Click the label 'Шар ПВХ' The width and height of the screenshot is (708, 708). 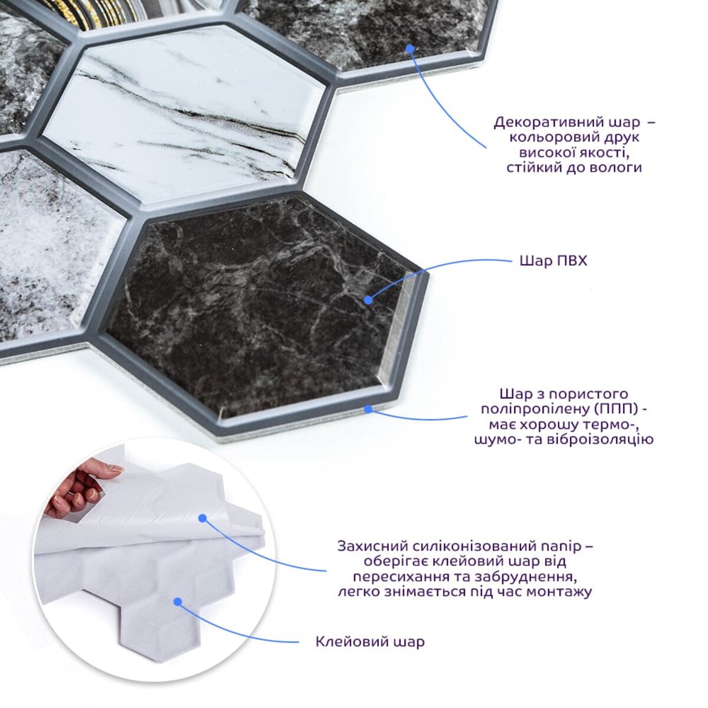pyautogui.click(x=553, y=261)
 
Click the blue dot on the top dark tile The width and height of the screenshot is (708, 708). pyautogui.click(x=411, y=48)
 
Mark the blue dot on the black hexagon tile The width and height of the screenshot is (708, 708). pyautogui.click(x=368, y=300)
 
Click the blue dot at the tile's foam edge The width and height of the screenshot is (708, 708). pyautogui.click(x=368, y=409)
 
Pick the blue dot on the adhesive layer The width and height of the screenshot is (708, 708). pyautogui.click(x=178, y=602)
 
